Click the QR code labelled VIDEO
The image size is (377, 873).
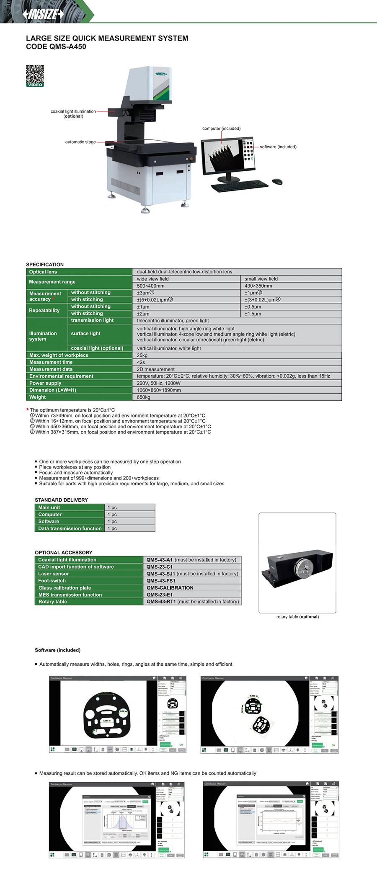35,75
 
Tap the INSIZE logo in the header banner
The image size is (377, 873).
43,14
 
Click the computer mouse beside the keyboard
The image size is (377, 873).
277,181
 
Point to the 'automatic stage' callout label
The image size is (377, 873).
80,142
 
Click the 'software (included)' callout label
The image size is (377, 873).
278,147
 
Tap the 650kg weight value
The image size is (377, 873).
144,397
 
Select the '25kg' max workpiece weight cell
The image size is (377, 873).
142,355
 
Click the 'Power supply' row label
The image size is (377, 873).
45,383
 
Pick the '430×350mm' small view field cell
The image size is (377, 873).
258,286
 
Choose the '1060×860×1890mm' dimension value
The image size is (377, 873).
159,390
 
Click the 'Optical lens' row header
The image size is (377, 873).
43,272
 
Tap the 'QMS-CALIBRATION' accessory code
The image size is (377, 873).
170,588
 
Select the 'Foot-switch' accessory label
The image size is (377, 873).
52,581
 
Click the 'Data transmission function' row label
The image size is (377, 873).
70,528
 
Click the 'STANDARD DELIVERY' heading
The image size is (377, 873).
61,500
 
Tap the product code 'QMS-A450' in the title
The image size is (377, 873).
68,47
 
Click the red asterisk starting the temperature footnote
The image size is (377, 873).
28,410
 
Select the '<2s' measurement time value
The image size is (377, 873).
141,362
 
